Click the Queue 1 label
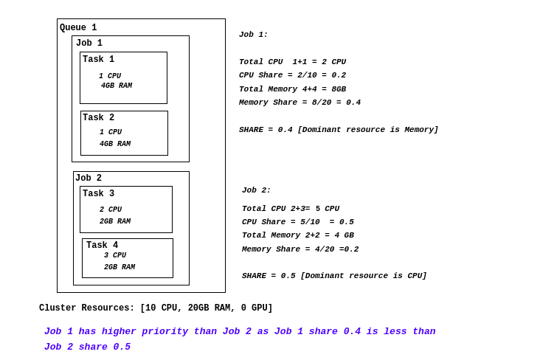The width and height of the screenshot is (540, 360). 78,28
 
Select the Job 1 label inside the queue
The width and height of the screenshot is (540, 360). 89,44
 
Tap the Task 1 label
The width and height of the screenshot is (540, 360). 98,60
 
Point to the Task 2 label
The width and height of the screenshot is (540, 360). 98,118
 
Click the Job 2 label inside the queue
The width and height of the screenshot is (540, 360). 89,179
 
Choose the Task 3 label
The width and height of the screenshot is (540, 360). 98,194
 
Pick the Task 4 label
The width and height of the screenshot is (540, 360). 102,246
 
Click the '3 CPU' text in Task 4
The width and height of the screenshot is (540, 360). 114,256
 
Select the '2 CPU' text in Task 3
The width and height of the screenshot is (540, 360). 111,210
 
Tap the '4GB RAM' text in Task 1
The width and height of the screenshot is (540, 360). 117,86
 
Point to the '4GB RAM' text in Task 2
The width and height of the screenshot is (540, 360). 115,145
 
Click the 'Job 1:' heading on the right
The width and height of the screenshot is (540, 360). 253,35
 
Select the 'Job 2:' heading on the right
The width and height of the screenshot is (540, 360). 256,190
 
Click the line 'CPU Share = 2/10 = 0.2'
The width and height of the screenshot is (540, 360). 292,75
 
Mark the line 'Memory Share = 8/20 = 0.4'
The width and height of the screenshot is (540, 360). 300,103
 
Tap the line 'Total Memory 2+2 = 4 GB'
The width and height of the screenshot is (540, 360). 297,235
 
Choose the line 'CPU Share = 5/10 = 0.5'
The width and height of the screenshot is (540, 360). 297,222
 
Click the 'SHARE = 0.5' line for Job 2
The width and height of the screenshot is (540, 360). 334,276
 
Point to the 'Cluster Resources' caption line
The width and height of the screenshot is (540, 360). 156,308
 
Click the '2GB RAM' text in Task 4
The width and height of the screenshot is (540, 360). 120,268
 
